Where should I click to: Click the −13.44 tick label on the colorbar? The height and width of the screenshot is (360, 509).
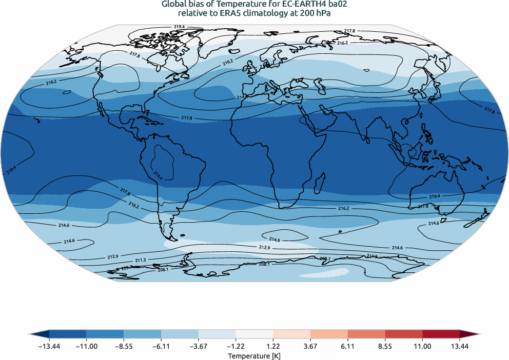click(49, 347)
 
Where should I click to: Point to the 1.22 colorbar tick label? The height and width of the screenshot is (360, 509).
click(273, 347)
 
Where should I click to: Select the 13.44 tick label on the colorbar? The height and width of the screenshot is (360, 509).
click(460, 347)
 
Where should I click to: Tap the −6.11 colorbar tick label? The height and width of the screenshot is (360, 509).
click(161, 347)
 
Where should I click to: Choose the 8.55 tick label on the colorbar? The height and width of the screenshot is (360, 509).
click(385, 347)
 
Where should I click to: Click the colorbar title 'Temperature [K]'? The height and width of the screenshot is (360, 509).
click(254, 355)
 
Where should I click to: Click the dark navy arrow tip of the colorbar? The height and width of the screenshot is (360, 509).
click(34, 334)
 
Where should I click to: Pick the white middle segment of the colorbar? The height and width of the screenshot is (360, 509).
click(254, 334)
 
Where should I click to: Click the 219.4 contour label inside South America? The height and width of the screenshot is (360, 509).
click(158, 174)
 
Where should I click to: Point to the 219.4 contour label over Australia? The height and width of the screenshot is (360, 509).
click(435, 196)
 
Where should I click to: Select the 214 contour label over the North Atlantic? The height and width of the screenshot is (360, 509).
click(241, 96)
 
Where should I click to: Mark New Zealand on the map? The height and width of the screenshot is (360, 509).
click(480, 218)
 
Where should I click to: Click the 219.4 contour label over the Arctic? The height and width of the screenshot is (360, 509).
click(179, 27)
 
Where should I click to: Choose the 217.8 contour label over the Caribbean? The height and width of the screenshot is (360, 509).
click(187, 118)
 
